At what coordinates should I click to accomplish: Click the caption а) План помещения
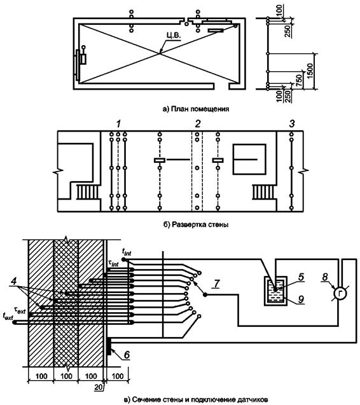(196, 109)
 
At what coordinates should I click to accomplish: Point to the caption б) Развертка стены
(196, 224)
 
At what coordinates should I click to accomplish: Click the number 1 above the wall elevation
(118, 124)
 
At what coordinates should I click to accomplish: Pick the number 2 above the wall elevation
(198, 124)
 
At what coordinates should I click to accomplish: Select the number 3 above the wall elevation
(291, 124)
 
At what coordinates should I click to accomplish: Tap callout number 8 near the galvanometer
(325, 277)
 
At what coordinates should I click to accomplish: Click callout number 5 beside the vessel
(301, 277)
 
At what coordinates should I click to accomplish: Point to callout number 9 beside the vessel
(301, 299)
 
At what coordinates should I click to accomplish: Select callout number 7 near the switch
(216, 284)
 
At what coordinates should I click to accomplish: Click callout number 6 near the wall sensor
(127, 355)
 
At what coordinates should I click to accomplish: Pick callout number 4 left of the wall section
(14, 281)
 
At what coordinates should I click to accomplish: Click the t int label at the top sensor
(127, 251)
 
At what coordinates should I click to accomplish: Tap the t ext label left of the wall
(8, 317)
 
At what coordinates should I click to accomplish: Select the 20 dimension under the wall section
(98, 387)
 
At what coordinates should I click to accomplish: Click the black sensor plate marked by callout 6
(109, 346)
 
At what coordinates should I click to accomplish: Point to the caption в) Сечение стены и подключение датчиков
(196, 399)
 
